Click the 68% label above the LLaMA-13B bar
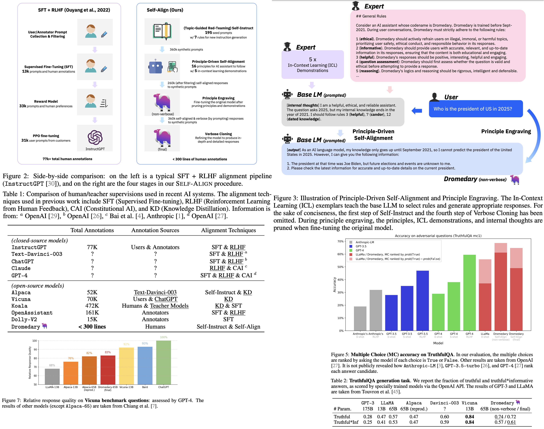coord(52,365)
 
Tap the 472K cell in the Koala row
coord(92,306)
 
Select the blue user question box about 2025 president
coord(476,109)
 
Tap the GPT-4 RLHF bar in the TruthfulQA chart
coord(469,293)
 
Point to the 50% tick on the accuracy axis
coord(340,267)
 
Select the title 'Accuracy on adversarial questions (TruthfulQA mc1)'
coord(438,236)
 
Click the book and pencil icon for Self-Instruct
coord(162,31)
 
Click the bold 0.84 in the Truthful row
coord(469,417)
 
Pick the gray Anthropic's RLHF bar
coord(376,310)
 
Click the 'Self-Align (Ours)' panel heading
coord(165,10)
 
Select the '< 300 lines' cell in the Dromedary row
coord(92,326)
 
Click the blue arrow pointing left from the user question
coord(417,111)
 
